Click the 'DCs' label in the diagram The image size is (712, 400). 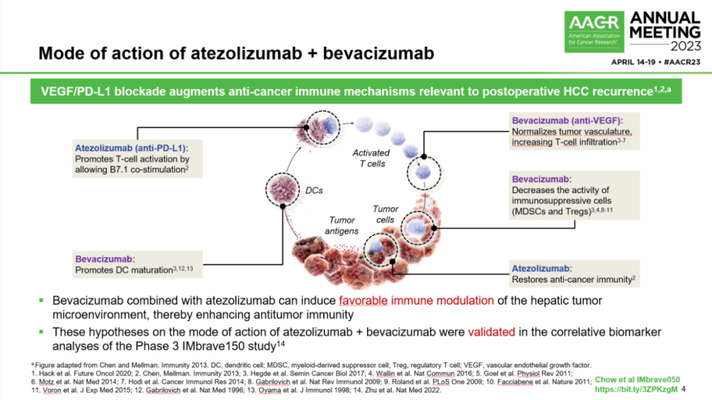point(315,190)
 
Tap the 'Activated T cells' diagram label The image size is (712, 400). point(371,157)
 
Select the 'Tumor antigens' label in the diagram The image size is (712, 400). point(341,225)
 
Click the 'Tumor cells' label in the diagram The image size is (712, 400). point(385,214)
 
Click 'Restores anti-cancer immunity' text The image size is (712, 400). point(572,280)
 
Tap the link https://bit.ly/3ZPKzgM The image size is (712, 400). point(636,389)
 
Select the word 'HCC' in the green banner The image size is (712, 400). point(587,90)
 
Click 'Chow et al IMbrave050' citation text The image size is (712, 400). point(637,379)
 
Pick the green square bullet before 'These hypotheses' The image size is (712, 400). point(41,331)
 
